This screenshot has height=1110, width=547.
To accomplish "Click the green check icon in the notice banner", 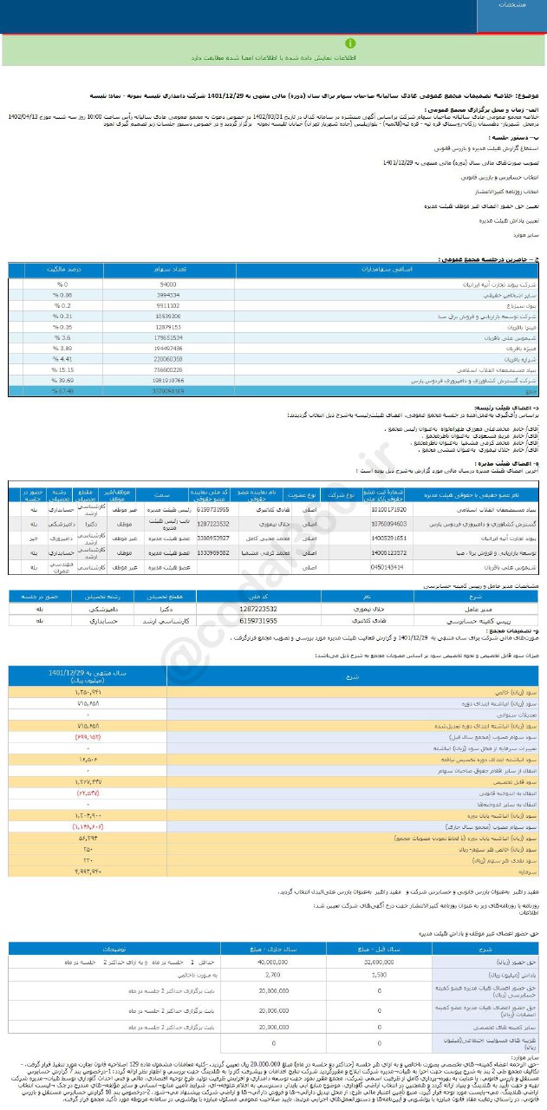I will (x=349, y=42).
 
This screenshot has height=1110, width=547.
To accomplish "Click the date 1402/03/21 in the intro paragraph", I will (x=286, y=114).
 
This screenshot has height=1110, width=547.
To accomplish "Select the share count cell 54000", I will (x=169, y=284).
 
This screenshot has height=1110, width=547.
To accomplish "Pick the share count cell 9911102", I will (x=169, y=306).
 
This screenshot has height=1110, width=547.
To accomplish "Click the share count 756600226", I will (x=169, y=368).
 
